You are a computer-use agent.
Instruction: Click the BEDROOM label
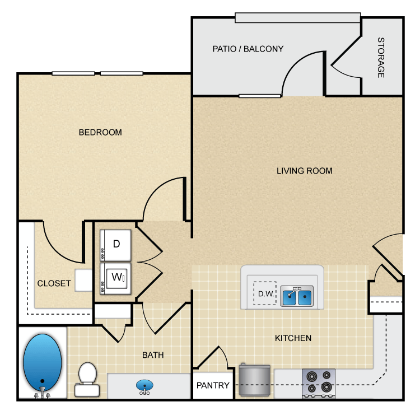point(100,133)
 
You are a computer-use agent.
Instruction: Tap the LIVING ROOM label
point(304,171)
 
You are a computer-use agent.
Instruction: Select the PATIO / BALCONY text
point(248,49)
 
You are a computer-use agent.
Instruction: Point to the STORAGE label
point(381,58)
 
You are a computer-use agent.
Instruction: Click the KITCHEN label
point(293,338)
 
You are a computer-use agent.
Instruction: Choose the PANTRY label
point(213,385)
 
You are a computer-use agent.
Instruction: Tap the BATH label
point(153,355)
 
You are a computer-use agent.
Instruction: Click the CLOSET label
point(54,283)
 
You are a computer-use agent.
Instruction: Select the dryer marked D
point(116,244)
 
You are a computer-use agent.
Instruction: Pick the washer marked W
point(116,277)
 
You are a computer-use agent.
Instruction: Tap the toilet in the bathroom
point(87,376)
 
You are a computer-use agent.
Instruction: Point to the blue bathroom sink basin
point(144,386)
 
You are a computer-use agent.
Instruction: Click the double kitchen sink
point(296,297)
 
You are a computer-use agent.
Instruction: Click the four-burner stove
point(318,383)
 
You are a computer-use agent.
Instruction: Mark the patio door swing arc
point(297,73)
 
